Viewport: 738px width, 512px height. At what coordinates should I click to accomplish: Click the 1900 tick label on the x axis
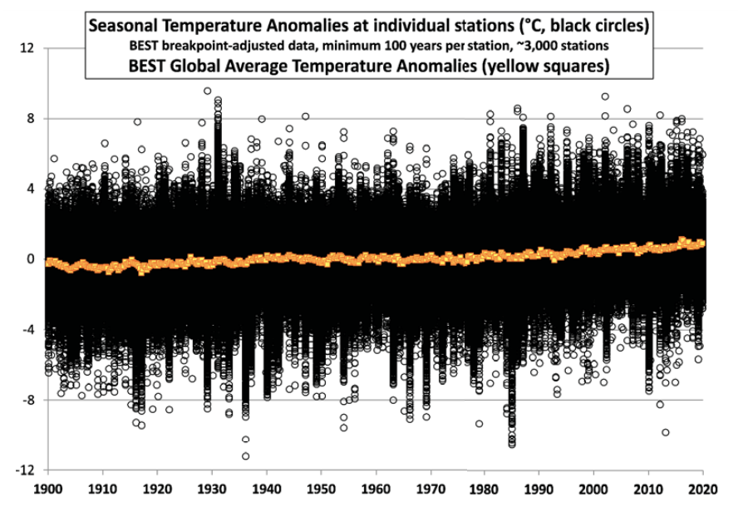(47, 490)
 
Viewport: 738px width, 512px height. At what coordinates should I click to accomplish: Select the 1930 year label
(211, 490)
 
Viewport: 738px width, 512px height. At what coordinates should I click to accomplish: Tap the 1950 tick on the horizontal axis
(321, 490)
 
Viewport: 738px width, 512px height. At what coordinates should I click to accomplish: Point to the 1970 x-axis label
(430, 490)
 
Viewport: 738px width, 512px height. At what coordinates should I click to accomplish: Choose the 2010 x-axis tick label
(648, 490)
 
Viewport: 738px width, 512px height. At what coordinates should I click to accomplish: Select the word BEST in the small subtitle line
(152, 46)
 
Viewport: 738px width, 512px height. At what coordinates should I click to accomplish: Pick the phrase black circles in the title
(593, 27)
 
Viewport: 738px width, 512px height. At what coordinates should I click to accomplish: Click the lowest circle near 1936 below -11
(245, 455)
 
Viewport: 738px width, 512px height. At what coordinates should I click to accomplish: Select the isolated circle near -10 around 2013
(666, 432)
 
